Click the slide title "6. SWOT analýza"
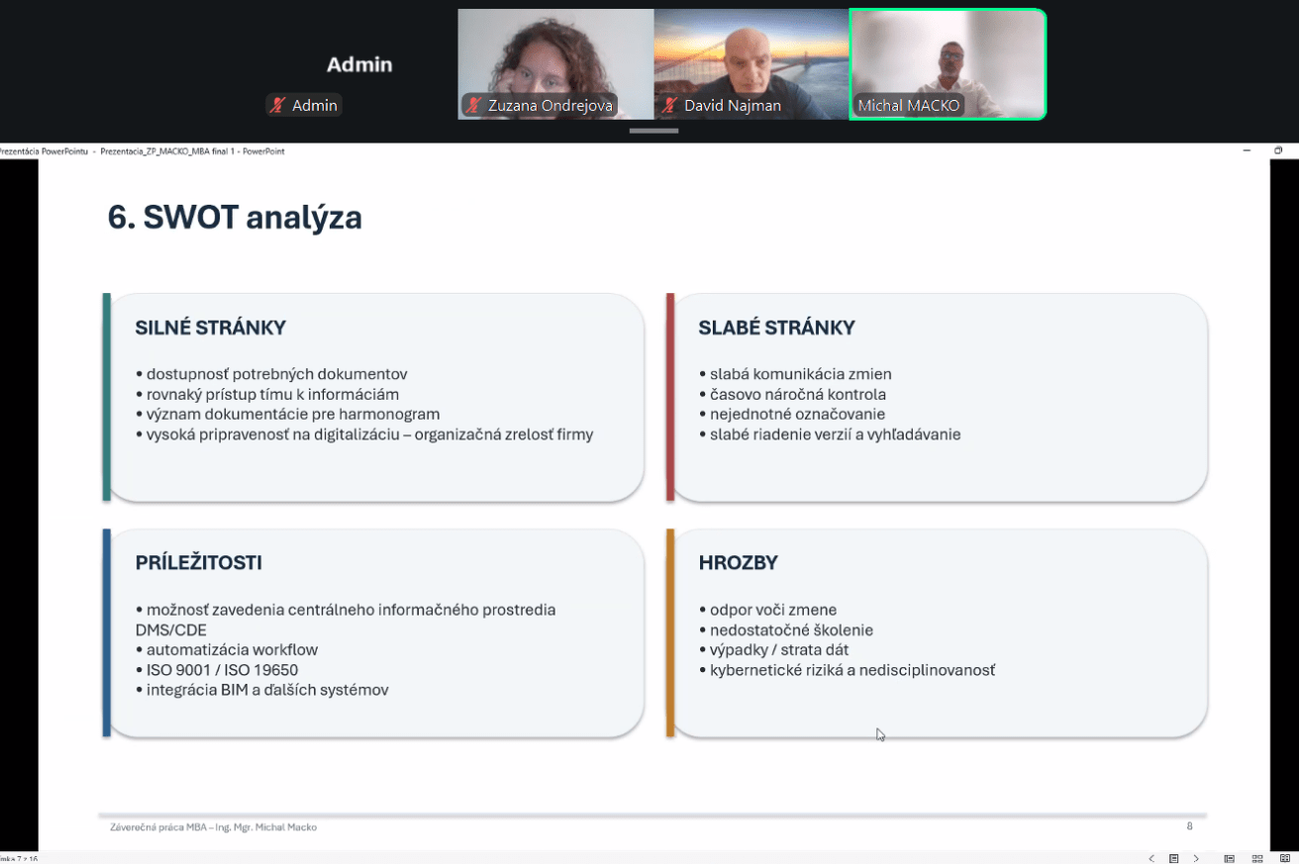coord(235,218)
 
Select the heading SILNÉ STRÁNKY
coord(211,328)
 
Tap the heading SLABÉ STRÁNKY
coord(776,328)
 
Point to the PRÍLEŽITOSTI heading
coord(198,562)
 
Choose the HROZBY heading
coord(738,562)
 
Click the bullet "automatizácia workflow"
coord(227,650)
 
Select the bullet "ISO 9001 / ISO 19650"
coord(217,670)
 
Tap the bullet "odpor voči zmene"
coord(767,610)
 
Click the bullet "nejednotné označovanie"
coord(792,414)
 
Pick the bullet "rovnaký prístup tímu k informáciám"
coord(267,394)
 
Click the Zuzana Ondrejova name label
coord(550,106)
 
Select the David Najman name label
coord(733,106)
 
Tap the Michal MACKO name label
coord(909,106)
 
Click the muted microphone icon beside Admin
coord(278,106)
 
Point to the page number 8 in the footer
coord(1189,825)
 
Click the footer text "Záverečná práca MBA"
coord(158,827)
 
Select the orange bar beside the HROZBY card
coord(670,632)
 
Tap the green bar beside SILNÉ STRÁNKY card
coord(107,397)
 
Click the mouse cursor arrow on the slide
coord(880,734)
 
